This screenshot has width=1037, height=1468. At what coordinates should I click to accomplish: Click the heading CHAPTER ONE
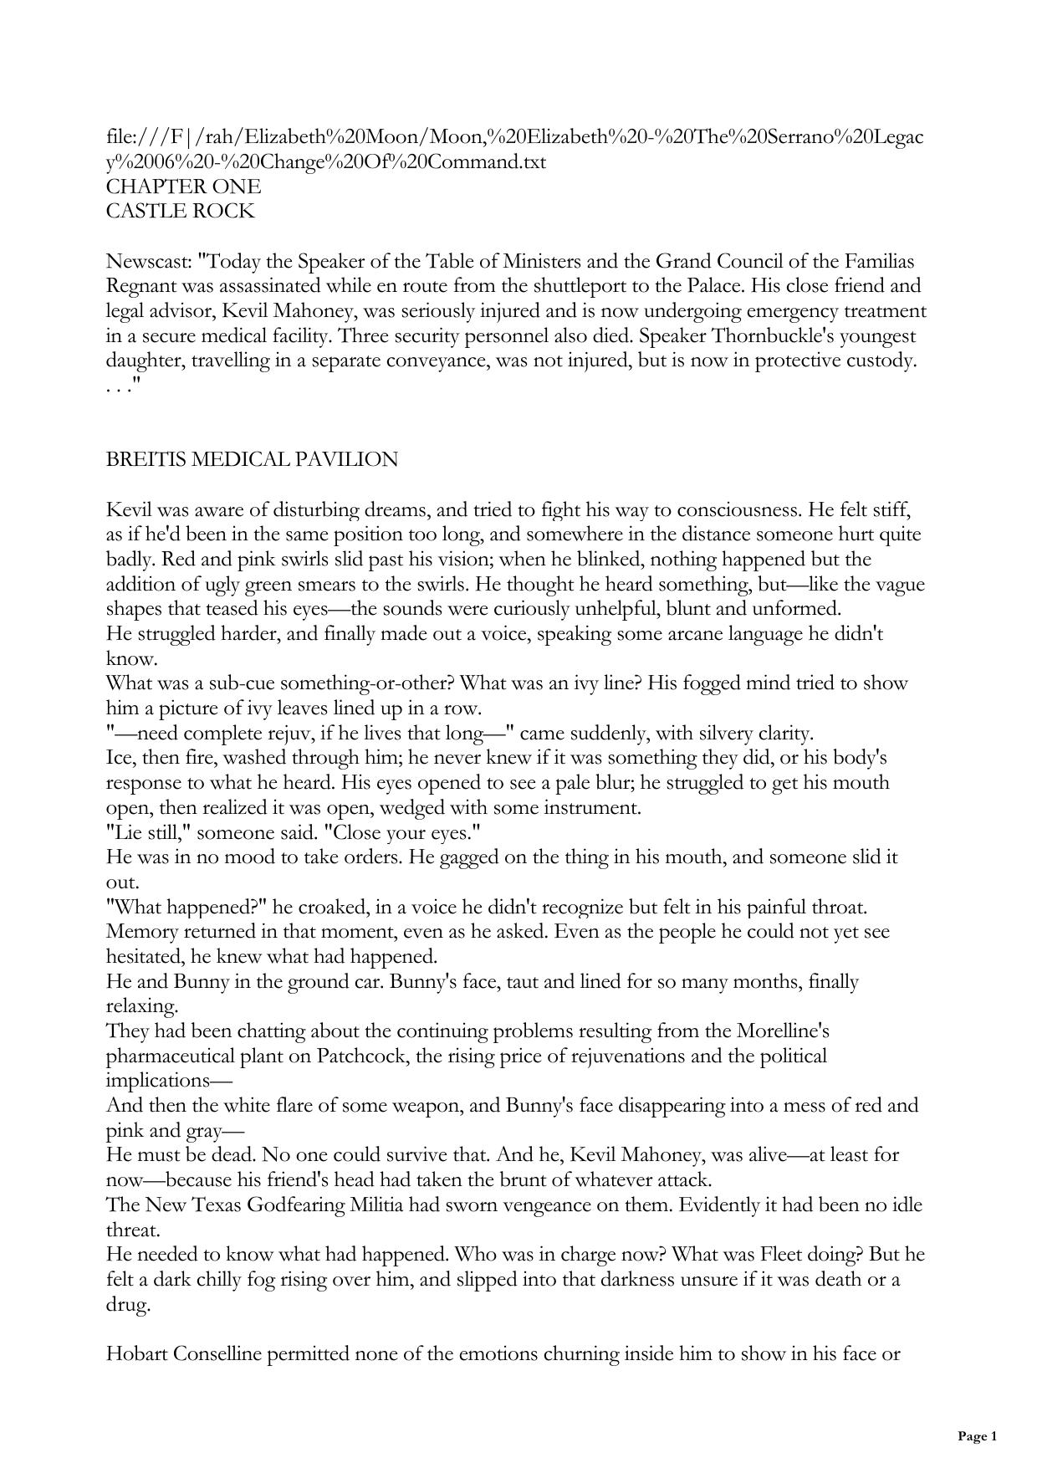(x=183, y=187)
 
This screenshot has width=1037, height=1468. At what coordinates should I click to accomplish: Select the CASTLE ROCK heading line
(x=180, y=212)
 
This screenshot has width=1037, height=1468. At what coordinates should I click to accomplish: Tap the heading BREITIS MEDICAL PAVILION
(x=252, y=459)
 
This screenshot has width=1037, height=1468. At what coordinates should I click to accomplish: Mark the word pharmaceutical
(x=170, y=1056)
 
